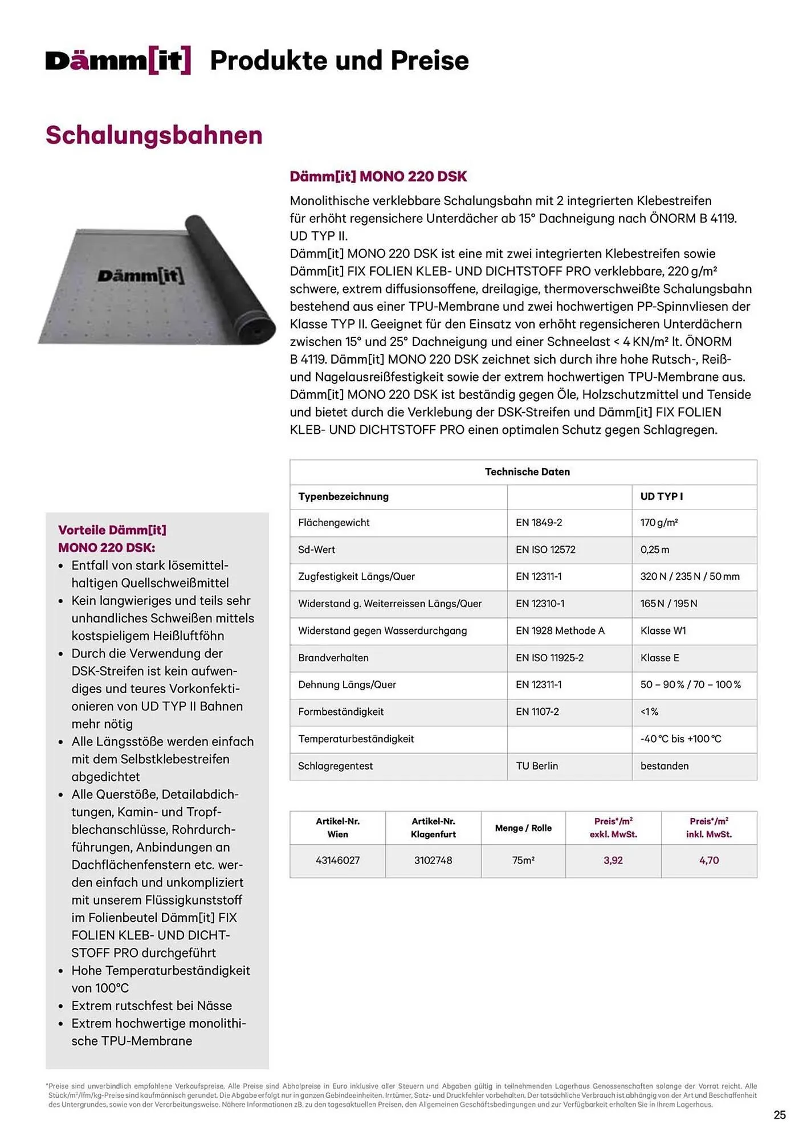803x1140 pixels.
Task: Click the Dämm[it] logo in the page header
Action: (x=118, y=60)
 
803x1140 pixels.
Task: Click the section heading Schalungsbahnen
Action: (x=154, y=136)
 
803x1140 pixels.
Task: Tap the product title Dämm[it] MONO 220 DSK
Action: (x=378, y=177)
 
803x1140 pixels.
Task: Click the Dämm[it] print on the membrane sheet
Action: (x=141, y=276)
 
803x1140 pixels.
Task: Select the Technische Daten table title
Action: (x=527, y=472)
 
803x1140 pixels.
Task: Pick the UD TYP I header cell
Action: (x=661, y=496)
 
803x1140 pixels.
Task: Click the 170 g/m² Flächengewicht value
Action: (x=659, y=523)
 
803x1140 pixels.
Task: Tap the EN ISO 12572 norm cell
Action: (x=545, y=549)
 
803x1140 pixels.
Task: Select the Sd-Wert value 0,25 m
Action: (x=655, y=549)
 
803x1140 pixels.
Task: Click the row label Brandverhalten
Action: (x=333, y=658)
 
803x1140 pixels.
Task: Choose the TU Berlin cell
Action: (x=537, y=766)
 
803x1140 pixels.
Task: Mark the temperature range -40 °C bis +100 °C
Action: (x=680, y=739)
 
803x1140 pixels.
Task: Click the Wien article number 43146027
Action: (x=337, y=861)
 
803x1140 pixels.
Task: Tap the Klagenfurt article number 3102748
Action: (x=433, y=861)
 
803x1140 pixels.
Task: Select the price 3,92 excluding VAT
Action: (x=613, y=861)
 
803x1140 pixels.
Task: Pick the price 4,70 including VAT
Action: (x=709, y=861)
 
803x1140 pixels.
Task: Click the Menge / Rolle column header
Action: (x=523, y=828)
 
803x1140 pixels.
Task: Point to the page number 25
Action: (x=780, y=1115)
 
